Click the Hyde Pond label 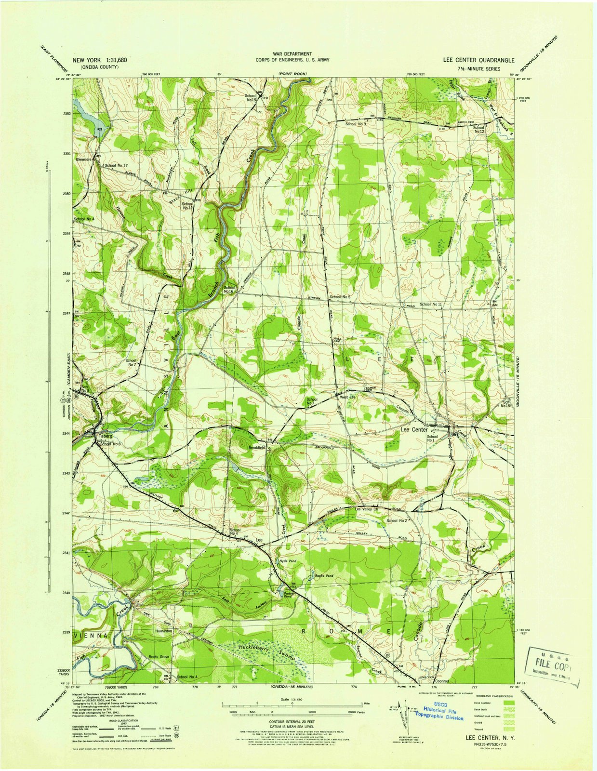tap(288, 561)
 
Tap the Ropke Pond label tap(324, 576)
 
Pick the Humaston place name tap(163, 631)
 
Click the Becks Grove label tap(159, 657)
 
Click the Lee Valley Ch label tap(366, 509)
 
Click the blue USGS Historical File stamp tap(439, 713)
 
